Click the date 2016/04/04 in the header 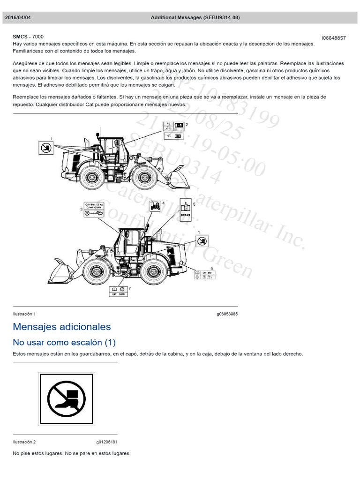[18, 17]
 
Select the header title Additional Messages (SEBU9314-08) [195, 17]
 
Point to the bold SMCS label [20, 37]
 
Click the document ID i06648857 [333, 38]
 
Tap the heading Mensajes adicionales [62, 327]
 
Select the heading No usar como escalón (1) [64, 342]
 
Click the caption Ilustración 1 [24, 314]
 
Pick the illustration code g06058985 [227, 314]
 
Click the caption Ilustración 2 [24, 442]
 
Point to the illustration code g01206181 [107, 442]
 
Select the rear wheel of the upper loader [90, 177]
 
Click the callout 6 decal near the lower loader [205, 275]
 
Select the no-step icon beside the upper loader [45, 148]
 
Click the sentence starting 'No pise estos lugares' [72, 453]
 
